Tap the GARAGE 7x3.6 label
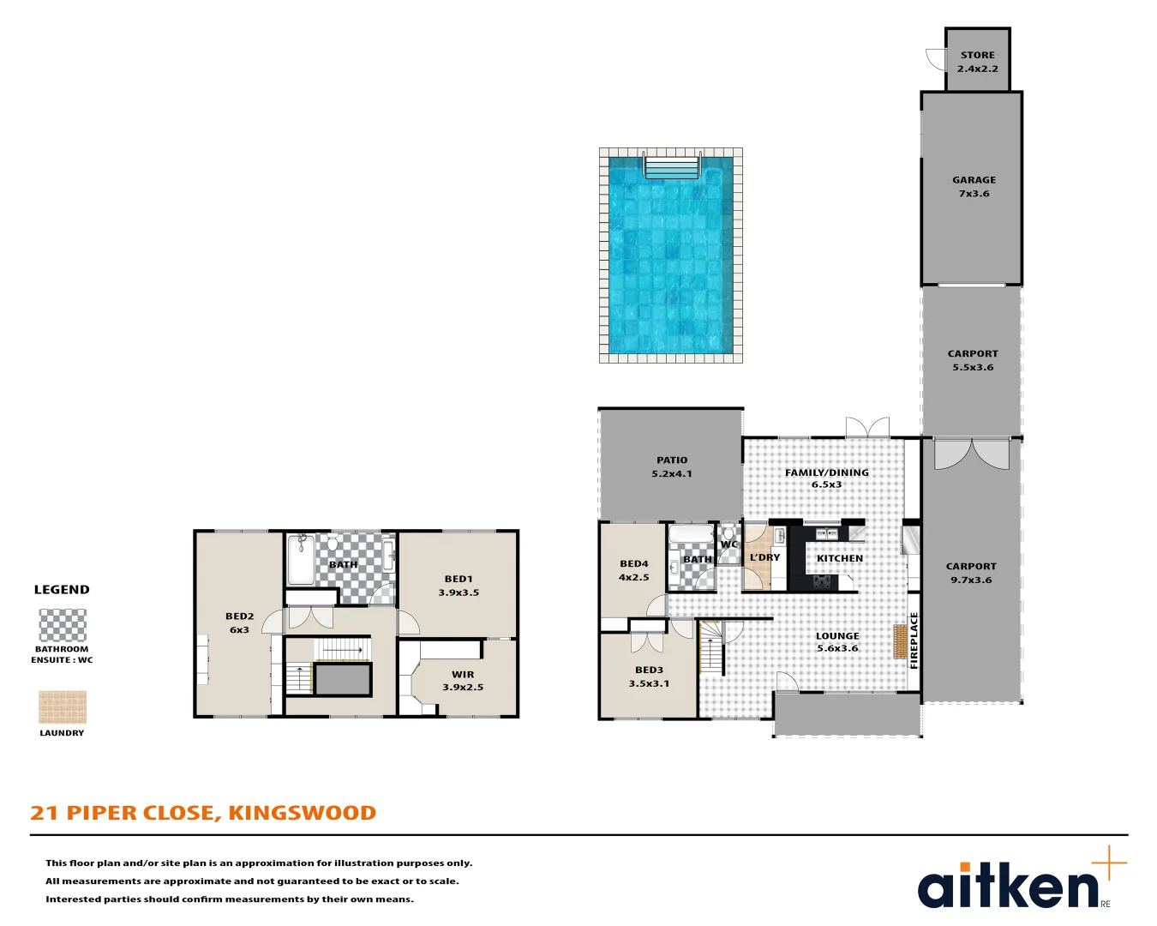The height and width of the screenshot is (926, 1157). coord(974,187)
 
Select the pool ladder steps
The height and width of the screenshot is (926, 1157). coord(672,166)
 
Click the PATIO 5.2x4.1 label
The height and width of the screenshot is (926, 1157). coord(672,466)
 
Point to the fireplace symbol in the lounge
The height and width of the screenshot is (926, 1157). coord(900,641)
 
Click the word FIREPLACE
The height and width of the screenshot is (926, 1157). coord(914,640)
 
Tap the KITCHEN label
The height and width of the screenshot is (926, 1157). coord(839,558)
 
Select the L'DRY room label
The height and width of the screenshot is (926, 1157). coord(764,557)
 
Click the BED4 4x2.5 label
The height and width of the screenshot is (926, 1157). coord(634,570)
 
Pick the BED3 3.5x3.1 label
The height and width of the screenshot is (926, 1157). coord(649,676)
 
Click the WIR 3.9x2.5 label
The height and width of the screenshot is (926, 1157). coord(463,681)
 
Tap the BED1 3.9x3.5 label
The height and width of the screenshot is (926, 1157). coord(459,586)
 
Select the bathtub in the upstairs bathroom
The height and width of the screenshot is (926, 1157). coord(301,559)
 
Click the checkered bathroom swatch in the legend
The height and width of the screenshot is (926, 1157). coord(63,625)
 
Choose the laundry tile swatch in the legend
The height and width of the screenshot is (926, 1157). coord(63,707)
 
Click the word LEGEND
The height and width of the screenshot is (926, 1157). coord(62,590)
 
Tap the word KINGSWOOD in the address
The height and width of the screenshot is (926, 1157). coord(302,813)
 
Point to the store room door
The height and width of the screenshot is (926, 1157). coord(936,58)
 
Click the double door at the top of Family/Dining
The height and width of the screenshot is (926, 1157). coord(866,427)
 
